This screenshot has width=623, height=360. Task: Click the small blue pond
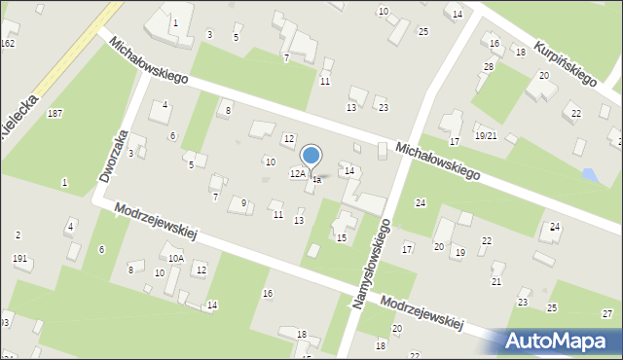[588, 175]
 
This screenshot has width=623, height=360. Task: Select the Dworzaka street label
[114, 156]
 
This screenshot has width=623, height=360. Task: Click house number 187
[55, 114]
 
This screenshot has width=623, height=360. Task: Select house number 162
[8, 44]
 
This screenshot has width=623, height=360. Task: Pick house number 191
[19, 259]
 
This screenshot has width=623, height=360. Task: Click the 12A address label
[298, 174]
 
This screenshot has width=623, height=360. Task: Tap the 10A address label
[175, 259]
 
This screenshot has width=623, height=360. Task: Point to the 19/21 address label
[486, 135]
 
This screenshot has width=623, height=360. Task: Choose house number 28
[489, 66]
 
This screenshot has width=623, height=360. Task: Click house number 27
[607, 313]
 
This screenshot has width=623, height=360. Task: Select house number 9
[243, 202]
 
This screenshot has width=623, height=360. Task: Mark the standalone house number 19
[459, 253]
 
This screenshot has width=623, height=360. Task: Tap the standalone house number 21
[496, 281]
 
